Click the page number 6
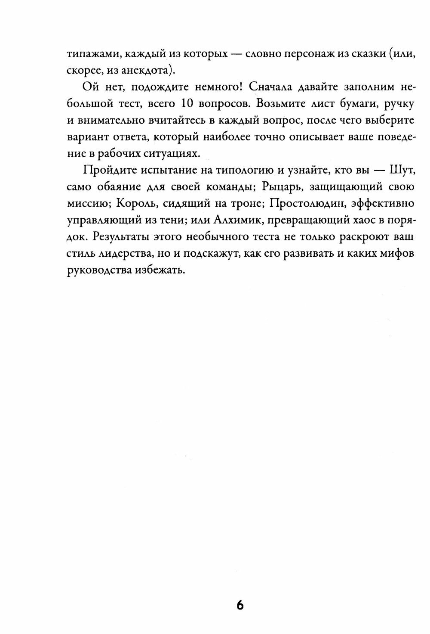(x=240, y=593)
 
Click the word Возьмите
(x=241, y=104)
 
